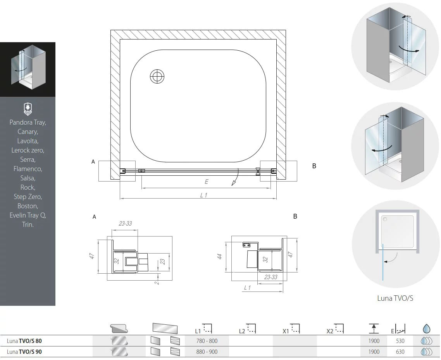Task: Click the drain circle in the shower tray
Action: (157, 76)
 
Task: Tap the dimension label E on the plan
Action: (207, 182)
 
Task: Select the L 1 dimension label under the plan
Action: (203, 195)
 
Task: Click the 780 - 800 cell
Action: (207, 341)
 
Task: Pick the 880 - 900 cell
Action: (207, 352)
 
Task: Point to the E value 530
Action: (400, 341)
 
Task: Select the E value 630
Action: (400, 352)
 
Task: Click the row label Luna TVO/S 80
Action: (24, 341)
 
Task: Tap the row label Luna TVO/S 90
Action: (24, 352)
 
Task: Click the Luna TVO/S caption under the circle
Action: (395, 298)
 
